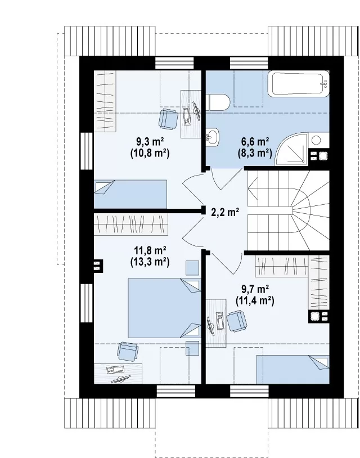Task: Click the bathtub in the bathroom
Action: click(298, 83)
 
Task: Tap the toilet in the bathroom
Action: click(218, 102)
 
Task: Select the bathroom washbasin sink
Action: click(212, 136)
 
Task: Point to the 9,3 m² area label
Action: click(150, 142)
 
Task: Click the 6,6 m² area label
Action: click(255, 142)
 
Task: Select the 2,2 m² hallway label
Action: click(225, 212)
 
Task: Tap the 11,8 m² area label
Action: click(150, 250)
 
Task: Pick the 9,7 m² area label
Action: click(255, 289)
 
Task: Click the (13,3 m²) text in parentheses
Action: click(150, 262)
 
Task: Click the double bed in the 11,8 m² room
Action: click(165, 308)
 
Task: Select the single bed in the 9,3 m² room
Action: click(130, 194)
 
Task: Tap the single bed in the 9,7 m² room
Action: click(293, 369)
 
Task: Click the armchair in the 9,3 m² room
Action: click(168, 119)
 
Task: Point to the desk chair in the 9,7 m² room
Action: click(237, 321)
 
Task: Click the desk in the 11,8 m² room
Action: click(118, 374)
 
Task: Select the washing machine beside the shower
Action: click(316, 141)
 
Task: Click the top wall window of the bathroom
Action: click(249, 63)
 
